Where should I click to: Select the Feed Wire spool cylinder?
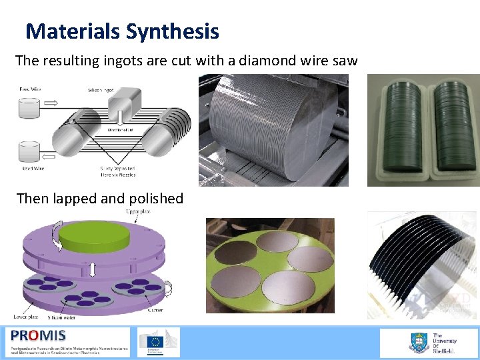30,109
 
